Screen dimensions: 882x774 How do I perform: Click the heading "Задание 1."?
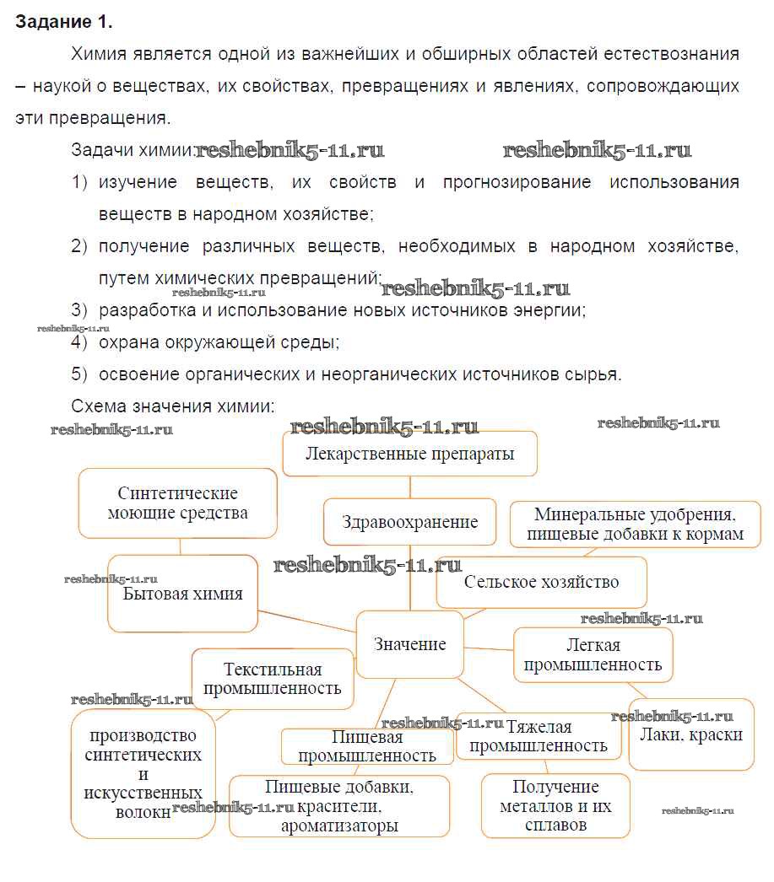click(x=64, y=21)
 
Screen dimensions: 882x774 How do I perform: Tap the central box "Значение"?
click(x=410, y=644)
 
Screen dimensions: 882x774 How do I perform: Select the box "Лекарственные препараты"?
click(x=410, y=454)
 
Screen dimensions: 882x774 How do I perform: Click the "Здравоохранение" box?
click(x=410, y=522)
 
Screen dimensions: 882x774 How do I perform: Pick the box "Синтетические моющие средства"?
click(x=178, y=503)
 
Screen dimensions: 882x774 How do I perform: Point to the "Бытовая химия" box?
click(x=183, y=594)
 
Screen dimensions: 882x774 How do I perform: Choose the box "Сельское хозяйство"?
click(x=541, y=582)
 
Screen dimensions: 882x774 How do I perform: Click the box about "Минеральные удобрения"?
click(x=636, y=524)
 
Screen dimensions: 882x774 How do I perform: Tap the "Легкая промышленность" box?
click(x=593, y=655)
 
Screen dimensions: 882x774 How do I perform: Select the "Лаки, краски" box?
click(x=690, y=734)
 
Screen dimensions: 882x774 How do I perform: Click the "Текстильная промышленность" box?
click(x=273, y=679)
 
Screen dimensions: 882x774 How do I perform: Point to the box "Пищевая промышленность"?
click(x=367, y=747)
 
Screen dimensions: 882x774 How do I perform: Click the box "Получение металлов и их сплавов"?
click(x=555, y=806)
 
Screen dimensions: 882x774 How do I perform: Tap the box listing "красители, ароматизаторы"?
click(x=339, y=807)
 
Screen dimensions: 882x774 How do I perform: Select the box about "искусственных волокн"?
click(x=143, y=774)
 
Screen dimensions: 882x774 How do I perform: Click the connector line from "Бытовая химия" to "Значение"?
click(x=308, y=621)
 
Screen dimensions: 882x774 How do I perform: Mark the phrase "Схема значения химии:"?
click(x=173, y=406)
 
